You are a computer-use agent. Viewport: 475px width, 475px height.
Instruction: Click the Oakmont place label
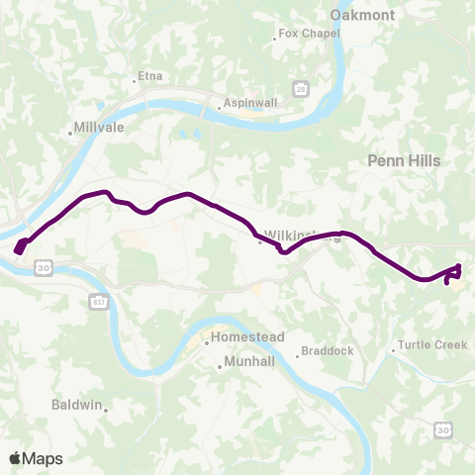pos(362,15)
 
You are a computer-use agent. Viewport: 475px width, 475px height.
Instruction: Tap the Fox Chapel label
pos(309,34)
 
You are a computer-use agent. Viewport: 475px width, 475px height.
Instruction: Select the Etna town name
pos(149,75)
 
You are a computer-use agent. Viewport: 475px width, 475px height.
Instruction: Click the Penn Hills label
pos(403,159)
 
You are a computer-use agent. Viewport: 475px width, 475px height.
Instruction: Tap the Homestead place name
pos(248,337)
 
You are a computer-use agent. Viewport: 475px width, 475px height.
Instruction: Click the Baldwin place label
pos(76,405)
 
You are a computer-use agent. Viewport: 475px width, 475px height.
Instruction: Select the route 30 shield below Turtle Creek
pos(442,428)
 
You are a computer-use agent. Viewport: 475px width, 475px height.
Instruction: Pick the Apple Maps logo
pos(36,458)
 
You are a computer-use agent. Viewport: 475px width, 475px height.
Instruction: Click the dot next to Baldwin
pos(106,407)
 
